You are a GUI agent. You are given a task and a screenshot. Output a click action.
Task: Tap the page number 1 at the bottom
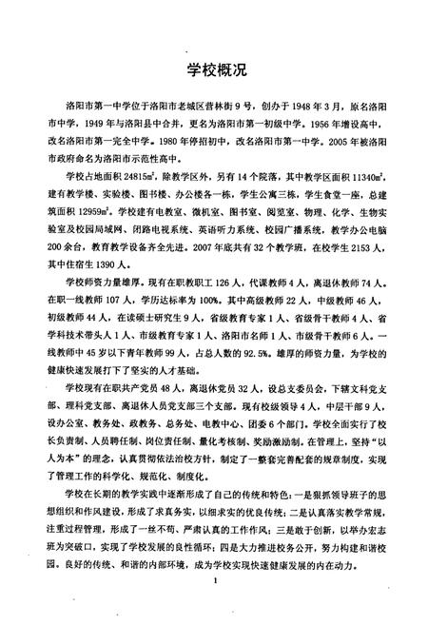[x=218, y=604]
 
